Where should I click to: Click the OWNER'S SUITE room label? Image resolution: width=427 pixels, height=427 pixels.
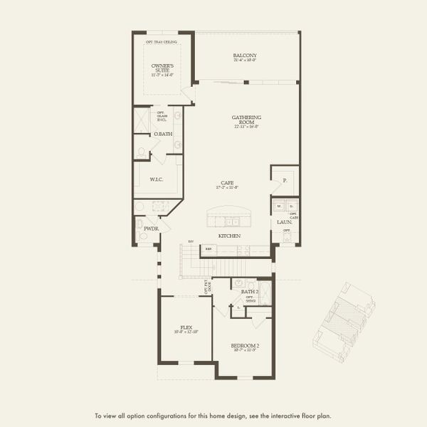pos(162,68)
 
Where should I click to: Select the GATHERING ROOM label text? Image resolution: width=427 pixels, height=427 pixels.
pos(246,120)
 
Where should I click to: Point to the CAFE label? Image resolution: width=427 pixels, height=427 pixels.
pos(227,183)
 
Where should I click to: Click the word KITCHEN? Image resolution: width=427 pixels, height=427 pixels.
pos(229,236)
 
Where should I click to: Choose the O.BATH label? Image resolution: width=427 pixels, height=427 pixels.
pos(162,134)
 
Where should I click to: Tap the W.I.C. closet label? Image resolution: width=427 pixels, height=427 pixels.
pos(157,179)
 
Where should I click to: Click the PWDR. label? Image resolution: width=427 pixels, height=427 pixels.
pos(151,228)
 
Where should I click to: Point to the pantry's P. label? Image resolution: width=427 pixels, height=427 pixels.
pos(285,181)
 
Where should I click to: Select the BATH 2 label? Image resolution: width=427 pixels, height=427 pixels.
pos(249,292)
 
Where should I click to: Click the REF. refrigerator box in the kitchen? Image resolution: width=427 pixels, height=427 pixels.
pos(209,249)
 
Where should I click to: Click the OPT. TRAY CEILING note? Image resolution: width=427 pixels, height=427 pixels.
pos(162,42)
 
